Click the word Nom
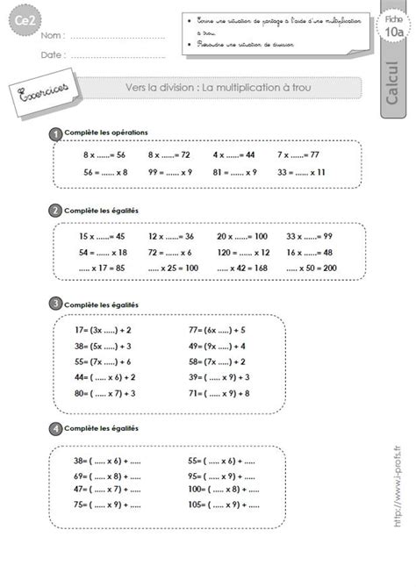coord(50,37)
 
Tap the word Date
coord(51,54)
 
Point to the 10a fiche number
coord(395,32)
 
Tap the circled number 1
coord(56,133)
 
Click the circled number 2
coord(56,211)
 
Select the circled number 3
coord(56,304)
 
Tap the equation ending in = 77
coord(302,154)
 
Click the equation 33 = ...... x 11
coord(302,172)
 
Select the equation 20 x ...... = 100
coord(241,236)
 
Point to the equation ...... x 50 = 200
coord(311,267)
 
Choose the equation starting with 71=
coord(220,394)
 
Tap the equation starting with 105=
coord(220,506)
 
